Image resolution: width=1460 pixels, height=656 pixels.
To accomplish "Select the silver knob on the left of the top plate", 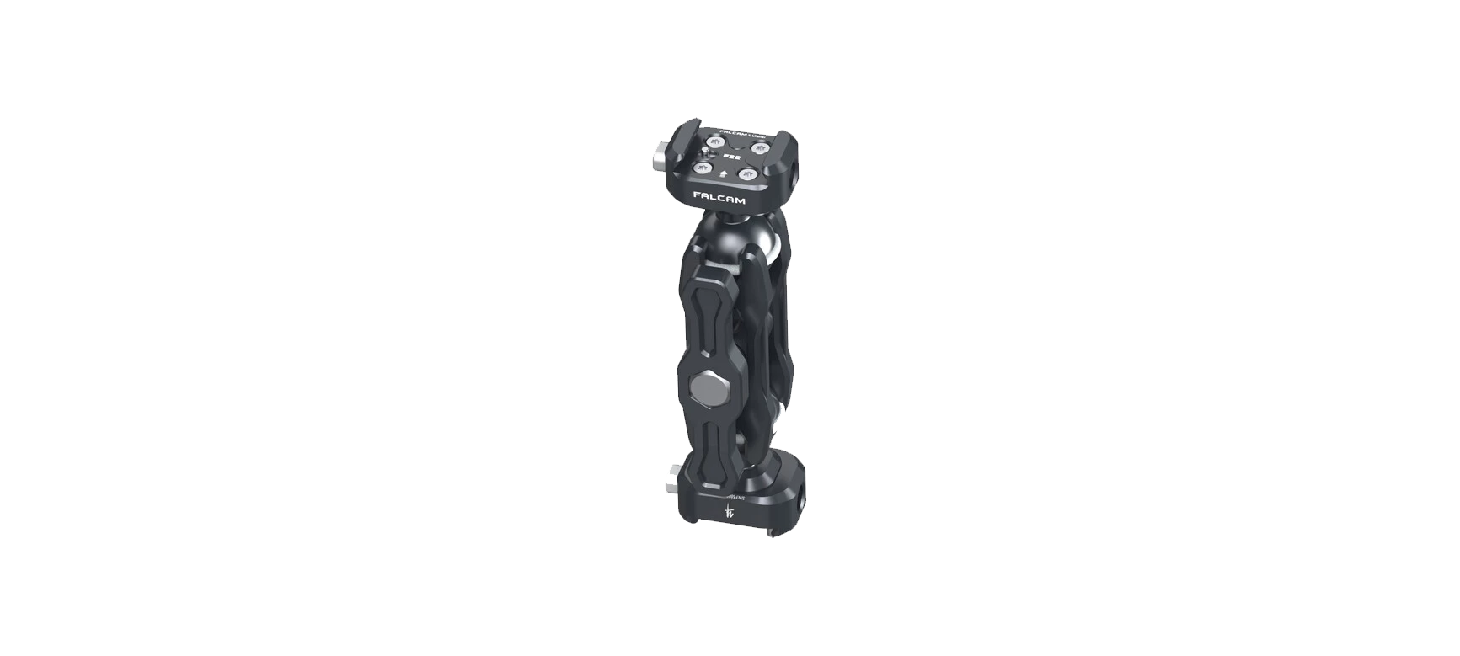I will click(660, 158).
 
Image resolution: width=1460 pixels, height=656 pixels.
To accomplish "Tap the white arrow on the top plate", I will click(723, 174).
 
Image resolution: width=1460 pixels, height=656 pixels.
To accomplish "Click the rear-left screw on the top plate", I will click(715, 141).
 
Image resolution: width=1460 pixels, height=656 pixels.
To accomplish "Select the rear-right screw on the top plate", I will click(760, 148).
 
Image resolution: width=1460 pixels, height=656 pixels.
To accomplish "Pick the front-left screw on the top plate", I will click(703, 168).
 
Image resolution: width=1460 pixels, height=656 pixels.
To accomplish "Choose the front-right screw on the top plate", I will click(747, 174).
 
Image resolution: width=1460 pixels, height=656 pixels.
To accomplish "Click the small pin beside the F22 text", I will click(706, 152).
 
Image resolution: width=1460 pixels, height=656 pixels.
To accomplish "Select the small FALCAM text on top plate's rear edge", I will click(742, 135).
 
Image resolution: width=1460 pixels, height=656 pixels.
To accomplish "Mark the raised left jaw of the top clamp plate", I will click(683, 143).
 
